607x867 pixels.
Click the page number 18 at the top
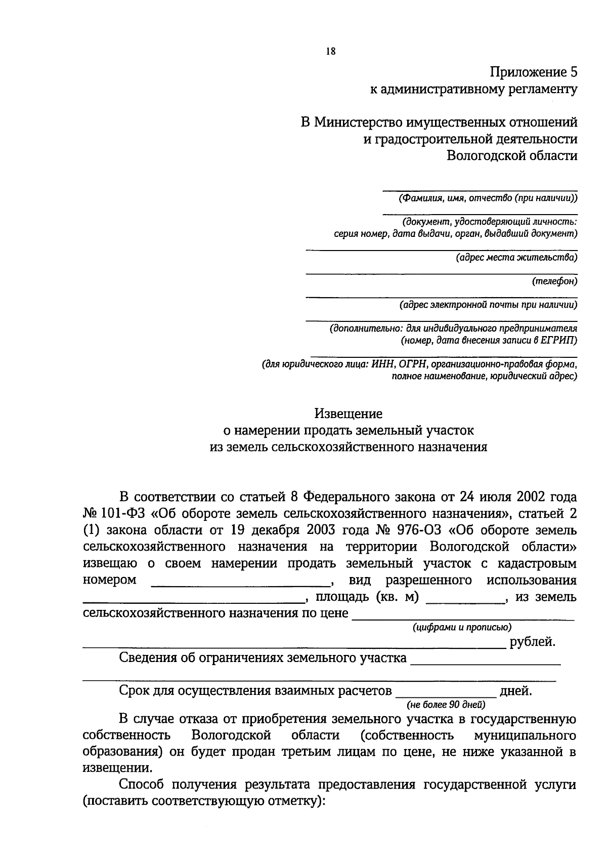pos(331,51)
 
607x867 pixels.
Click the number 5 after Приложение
pos(573,71)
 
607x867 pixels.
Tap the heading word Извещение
pos(349,414)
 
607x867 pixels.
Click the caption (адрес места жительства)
pos(516,258)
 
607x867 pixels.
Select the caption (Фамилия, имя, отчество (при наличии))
pos(488,198)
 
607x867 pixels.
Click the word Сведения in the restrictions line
pos(148,658)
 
